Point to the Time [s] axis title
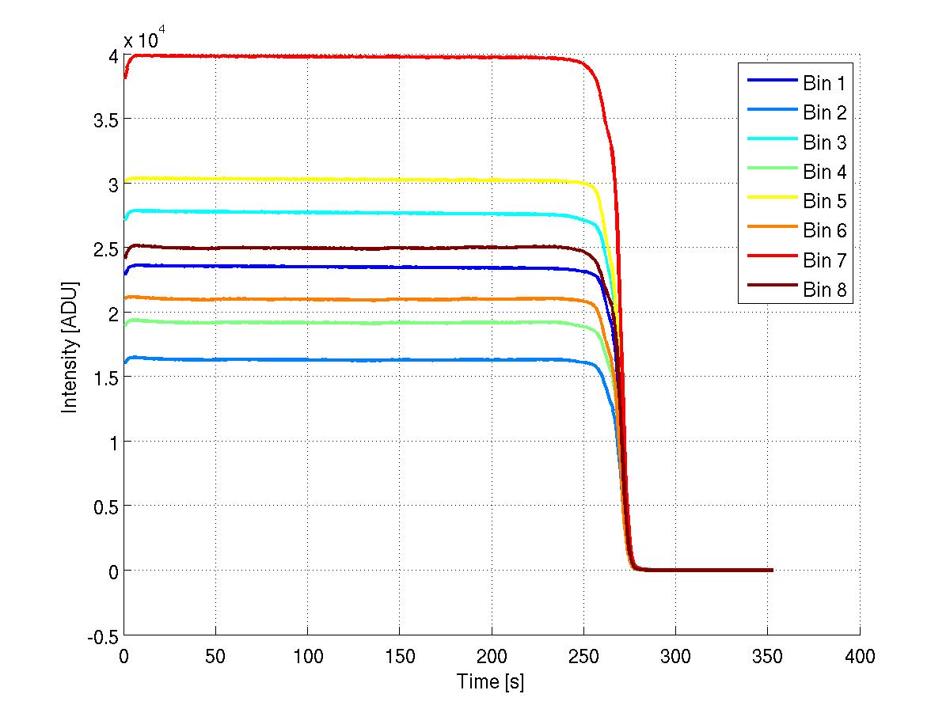point(491,681)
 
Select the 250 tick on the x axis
point(583,655)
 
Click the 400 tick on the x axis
point(860,655)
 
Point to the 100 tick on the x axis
point(307,655)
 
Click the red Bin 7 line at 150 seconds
point(400,57)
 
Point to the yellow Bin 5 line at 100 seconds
point(307,180)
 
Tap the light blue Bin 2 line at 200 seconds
point(492,359)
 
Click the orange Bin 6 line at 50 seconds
point(215,299)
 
